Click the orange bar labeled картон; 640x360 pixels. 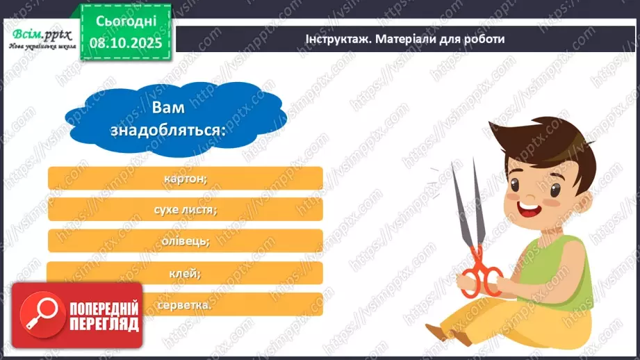[186, 178]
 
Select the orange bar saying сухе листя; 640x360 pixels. [186, 209]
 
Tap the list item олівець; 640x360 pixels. [186, 241]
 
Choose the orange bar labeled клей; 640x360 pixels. [186, 273]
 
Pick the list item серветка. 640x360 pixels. [208, 304]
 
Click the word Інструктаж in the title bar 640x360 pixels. [336, 39]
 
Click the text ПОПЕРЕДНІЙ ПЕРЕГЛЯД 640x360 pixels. [103, 315]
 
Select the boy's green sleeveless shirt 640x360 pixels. [556, 268]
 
